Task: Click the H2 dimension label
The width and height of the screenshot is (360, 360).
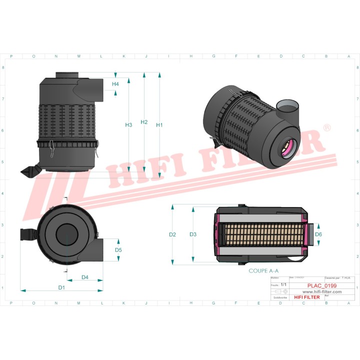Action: tap(144, 122)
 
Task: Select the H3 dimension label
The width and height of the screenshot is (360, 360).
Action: tap(128, 125)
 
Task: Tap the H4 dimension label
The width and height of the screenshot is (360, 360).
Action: tap(115, 84)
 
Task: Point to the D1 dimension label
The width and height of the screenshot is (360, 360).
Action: tap(61, 287)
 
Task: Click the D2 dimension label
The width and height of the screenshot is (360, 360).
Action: tap(172, 234)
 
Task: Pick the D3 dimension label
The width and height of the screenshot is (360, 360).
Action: tap(193, 234)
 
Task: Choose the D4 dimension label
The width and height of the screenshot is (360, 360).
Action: tap(85, 277)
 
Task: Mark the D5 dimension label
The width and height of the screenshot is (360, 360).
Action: tap(118, 250)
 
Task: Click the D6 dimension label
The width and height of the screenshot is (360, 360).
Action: tap(318, 234)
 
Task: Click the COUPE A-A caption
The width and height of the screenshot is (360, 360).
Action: tap(263, 270)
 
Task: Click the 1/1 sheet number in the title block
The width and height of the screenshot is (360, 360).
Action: tap(283, 284)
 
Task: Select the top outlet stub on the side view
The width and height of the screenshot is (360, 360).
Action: tap(66, 75)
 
